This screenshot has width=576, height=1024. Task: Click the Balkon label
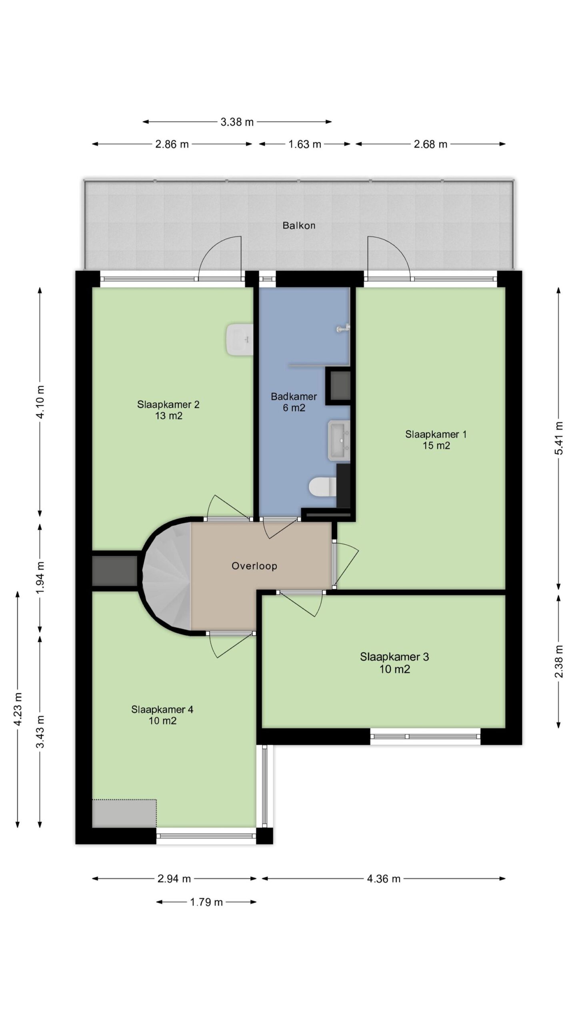click(299, 226)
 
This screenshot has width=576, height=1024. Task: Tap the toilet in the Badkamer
click(322, 487)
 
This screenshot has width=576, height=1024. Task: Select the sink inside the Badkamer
click(339, 440)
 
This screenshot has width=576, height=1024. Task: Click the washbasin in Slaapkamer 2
click(239, 340)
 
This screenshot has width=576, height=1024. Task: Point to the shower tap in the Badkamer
click(343, 328)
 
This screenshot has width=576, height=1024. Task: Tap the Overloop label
click(254, 566)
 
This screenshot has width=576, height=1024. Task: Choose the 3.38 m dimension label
click(237, 122)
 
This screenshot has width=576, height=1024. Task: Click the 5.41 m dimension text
click(559, 438)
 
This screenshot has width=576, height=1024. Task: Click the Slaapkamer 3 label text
click(394, 657)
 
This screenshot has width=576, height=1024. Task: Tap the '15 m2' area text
click(436, 446)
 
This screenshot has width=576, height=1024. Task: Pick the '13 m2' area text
click(169, 416)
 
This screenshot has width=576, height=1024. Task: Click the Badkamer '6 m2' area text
click(294, 408)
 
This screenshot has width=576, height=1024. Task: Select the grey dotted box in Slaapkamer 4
click(124, 813)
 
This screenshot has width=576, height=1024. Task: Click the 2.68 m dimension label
click(430, 144)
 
